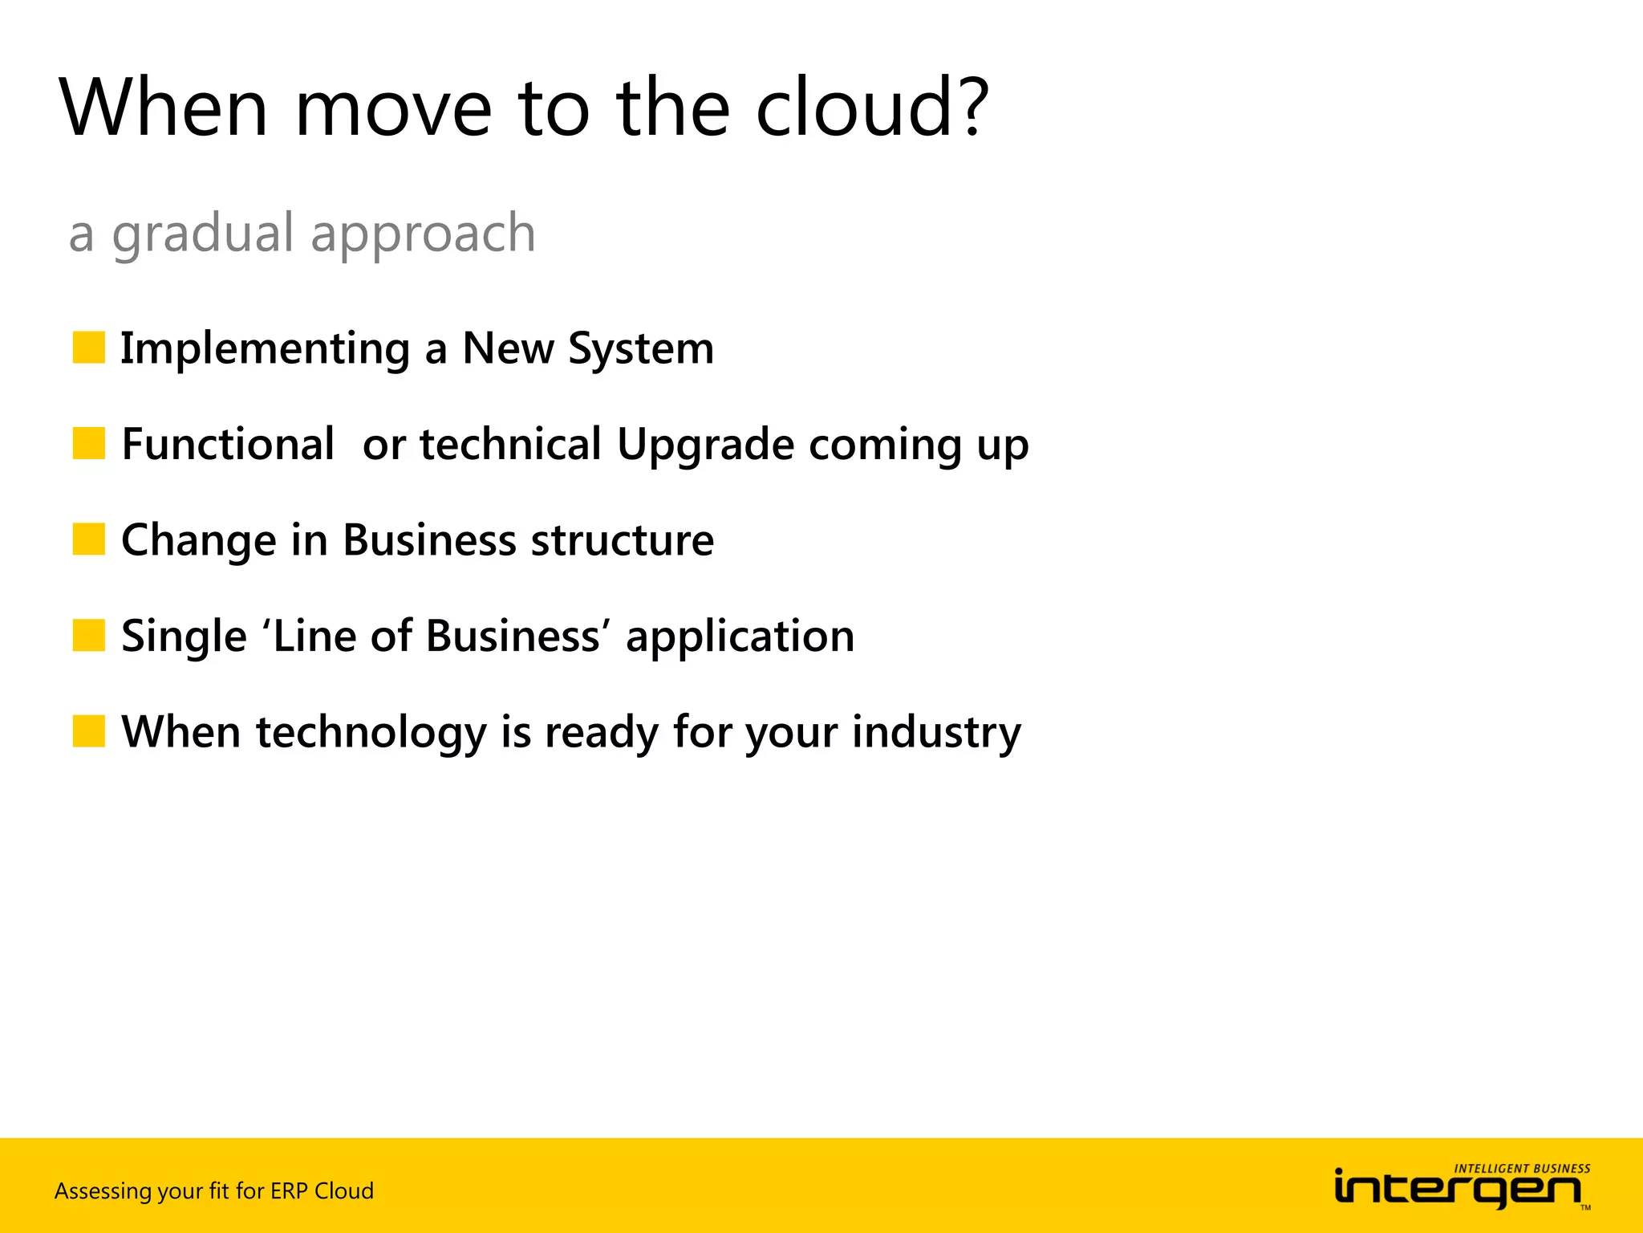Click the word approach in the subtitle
423,235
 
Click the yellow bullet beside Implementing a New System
88,348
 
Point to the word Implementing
265,349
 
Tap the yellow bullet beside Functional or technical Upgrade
88,443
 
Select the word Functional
228,444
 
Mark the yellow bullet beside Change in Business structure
88,539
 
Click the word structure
622,540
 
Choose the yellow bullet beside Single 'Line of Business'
88,635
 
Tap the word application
740,637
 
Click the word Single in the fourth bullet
184,637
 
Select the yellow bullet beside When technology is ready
88,731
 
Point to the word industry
936,733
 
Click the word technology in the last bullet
371,733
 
